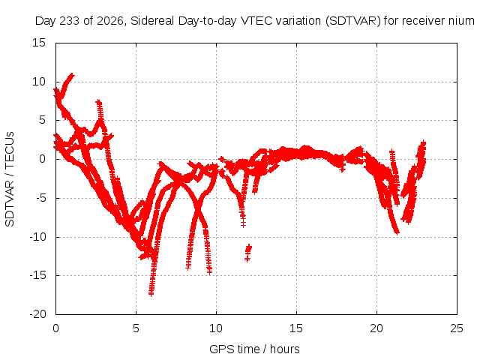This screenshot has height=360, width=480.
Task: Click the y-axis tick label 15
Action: tap(39, 43)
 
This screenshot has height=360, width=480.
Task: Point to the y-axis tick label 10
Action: tap(39, 82)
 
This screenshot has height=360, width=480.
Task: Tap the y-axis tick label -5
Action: tap(41, 198)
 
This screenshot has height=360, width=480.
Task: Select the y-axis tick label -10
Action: tap(37, 237)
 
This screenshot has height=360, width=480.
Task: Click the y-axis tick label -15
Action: tap(37, 275)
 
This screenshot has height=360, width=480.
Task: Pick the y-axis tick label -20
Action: tap(37, 314)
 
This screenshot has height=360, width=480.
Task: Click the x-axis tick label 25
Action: tap(457, 328)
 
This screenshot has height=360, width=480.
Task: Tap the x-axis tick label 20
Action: tap(376, 328)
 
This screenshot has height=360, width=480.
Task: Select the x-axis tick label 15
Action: tap(296, 328)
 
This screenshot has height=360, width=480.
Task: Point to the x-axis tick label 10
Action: tap(216, 328)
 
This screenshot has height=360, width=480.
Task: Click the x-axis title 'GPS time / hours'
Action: tap(254, 349)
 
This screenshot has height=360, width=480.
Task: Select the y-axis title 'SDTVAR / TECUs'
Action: tap(10, 179)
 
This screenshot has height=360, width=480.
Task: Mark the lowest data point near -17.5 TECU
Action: tap(151, 294)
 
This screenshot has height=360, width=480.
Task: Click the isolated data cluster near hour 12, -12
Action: tap(248, 253)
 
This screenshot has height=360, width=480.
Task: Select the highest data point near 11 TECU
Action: tap(72, 74)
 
